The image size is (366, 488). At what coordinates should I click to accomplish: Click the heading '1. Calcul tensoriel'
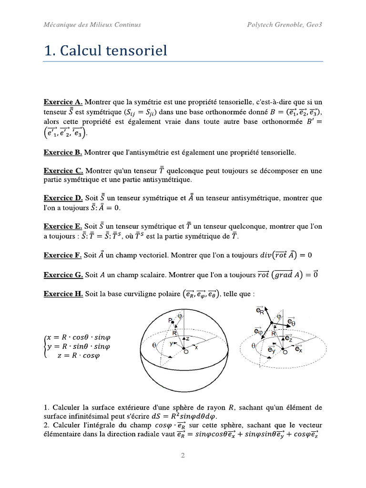(105, 50)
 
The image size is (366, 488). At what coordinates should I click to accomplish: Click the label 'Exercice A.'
(63, 102)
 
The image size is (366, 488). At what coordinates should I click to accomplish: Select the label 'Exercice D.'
(63, 197)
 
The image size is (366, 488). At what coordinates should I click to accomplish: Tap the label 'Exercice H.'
(63, 294)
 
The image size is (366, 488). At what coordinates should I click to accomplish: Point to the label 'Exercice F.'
(63, 255)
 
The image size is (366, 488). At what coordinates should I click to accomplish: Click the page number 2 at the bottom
(183, 456)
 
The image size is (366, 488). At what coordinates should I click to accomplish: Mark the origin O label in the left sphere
(185, 352)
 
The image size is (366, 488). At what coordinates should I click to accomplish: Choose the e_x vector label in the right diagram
(298, 349)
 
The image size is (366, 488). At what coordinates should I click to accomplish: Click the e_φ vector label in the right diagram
(259, 330)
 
